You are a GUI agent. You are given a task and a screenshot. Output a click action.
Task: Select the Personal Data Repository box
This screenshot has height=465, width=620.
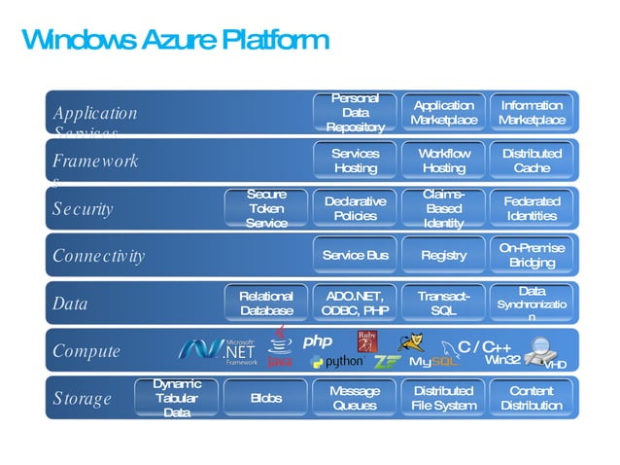(x=355, y=113)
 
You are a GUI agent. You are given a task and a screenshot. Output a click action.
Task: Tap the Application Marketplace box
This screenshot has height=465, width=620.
(x=443, y=113)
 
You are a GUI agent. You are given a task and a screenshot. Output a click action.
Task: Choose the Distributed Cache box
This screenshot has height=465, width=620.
(x=532, y=161)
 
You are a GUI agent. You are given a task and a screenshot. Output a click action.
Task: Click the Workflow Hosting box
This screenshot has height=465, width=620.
(x=443, y=161)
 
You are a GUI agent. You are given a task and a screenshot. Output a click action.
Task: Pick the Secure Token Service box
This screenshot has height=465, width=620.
(x=266, y=209)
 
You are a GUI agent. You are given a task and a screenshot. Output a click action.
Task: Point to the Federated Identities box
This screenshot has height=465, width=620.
(x=532, y=208)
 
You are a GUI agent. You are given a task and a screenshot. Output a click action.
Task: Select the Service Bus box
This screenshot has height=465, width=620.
(x=355, y=255)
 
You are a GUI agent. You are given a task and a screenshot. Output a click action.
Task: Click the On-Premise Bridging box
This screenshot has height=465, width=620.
(x=532, y=255)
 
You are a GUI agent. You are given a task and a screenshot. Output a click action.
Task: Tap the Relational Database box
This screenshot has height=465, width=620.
(x=266, y=303)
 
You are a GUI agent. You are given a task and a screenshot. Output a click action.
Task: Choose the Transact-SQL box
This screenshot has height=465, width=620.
(x=443, y=303)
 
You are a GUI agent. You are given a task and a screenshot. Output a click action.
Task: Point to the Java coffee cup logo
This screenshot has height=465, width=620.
(x=279, y=348)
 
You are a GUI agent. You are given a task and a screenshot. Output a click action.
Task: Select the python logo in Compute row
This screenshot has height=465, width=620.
(x=336, y=362)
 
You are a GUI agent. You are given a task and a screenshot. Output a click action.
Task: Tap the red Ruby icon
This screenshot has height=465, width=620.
(x=366, y=342)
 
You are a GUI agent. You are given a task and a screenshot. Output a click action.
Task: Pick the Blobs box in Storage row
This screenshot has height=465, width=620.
(x=266, y=398)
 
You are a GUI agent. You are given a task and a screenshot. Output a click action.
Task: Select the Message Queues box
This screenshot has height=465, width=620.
(x=355, y=398)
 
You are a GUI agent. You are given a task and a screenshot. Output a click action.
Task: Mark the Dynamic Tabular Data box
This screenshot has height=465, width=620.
(x=177, y=398)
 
